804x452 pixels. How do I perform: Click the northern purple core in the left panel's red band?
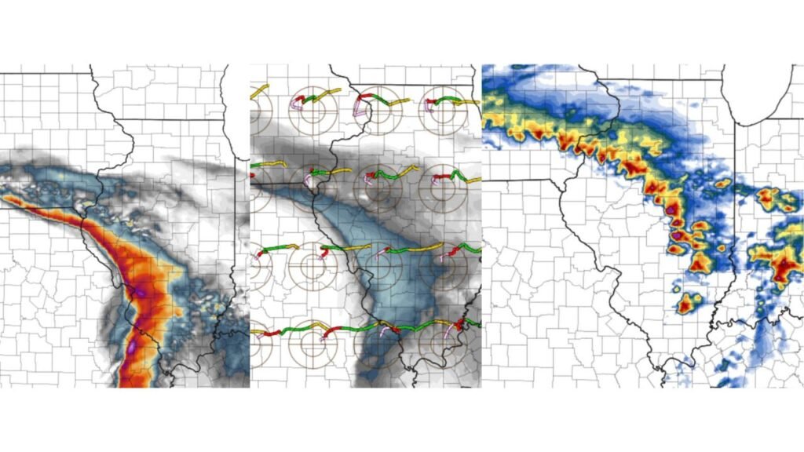139,292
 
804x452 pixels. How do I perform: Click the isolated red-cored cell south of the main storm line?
687,303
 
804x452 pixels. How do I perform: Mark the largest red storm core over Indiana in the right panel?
784,267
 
